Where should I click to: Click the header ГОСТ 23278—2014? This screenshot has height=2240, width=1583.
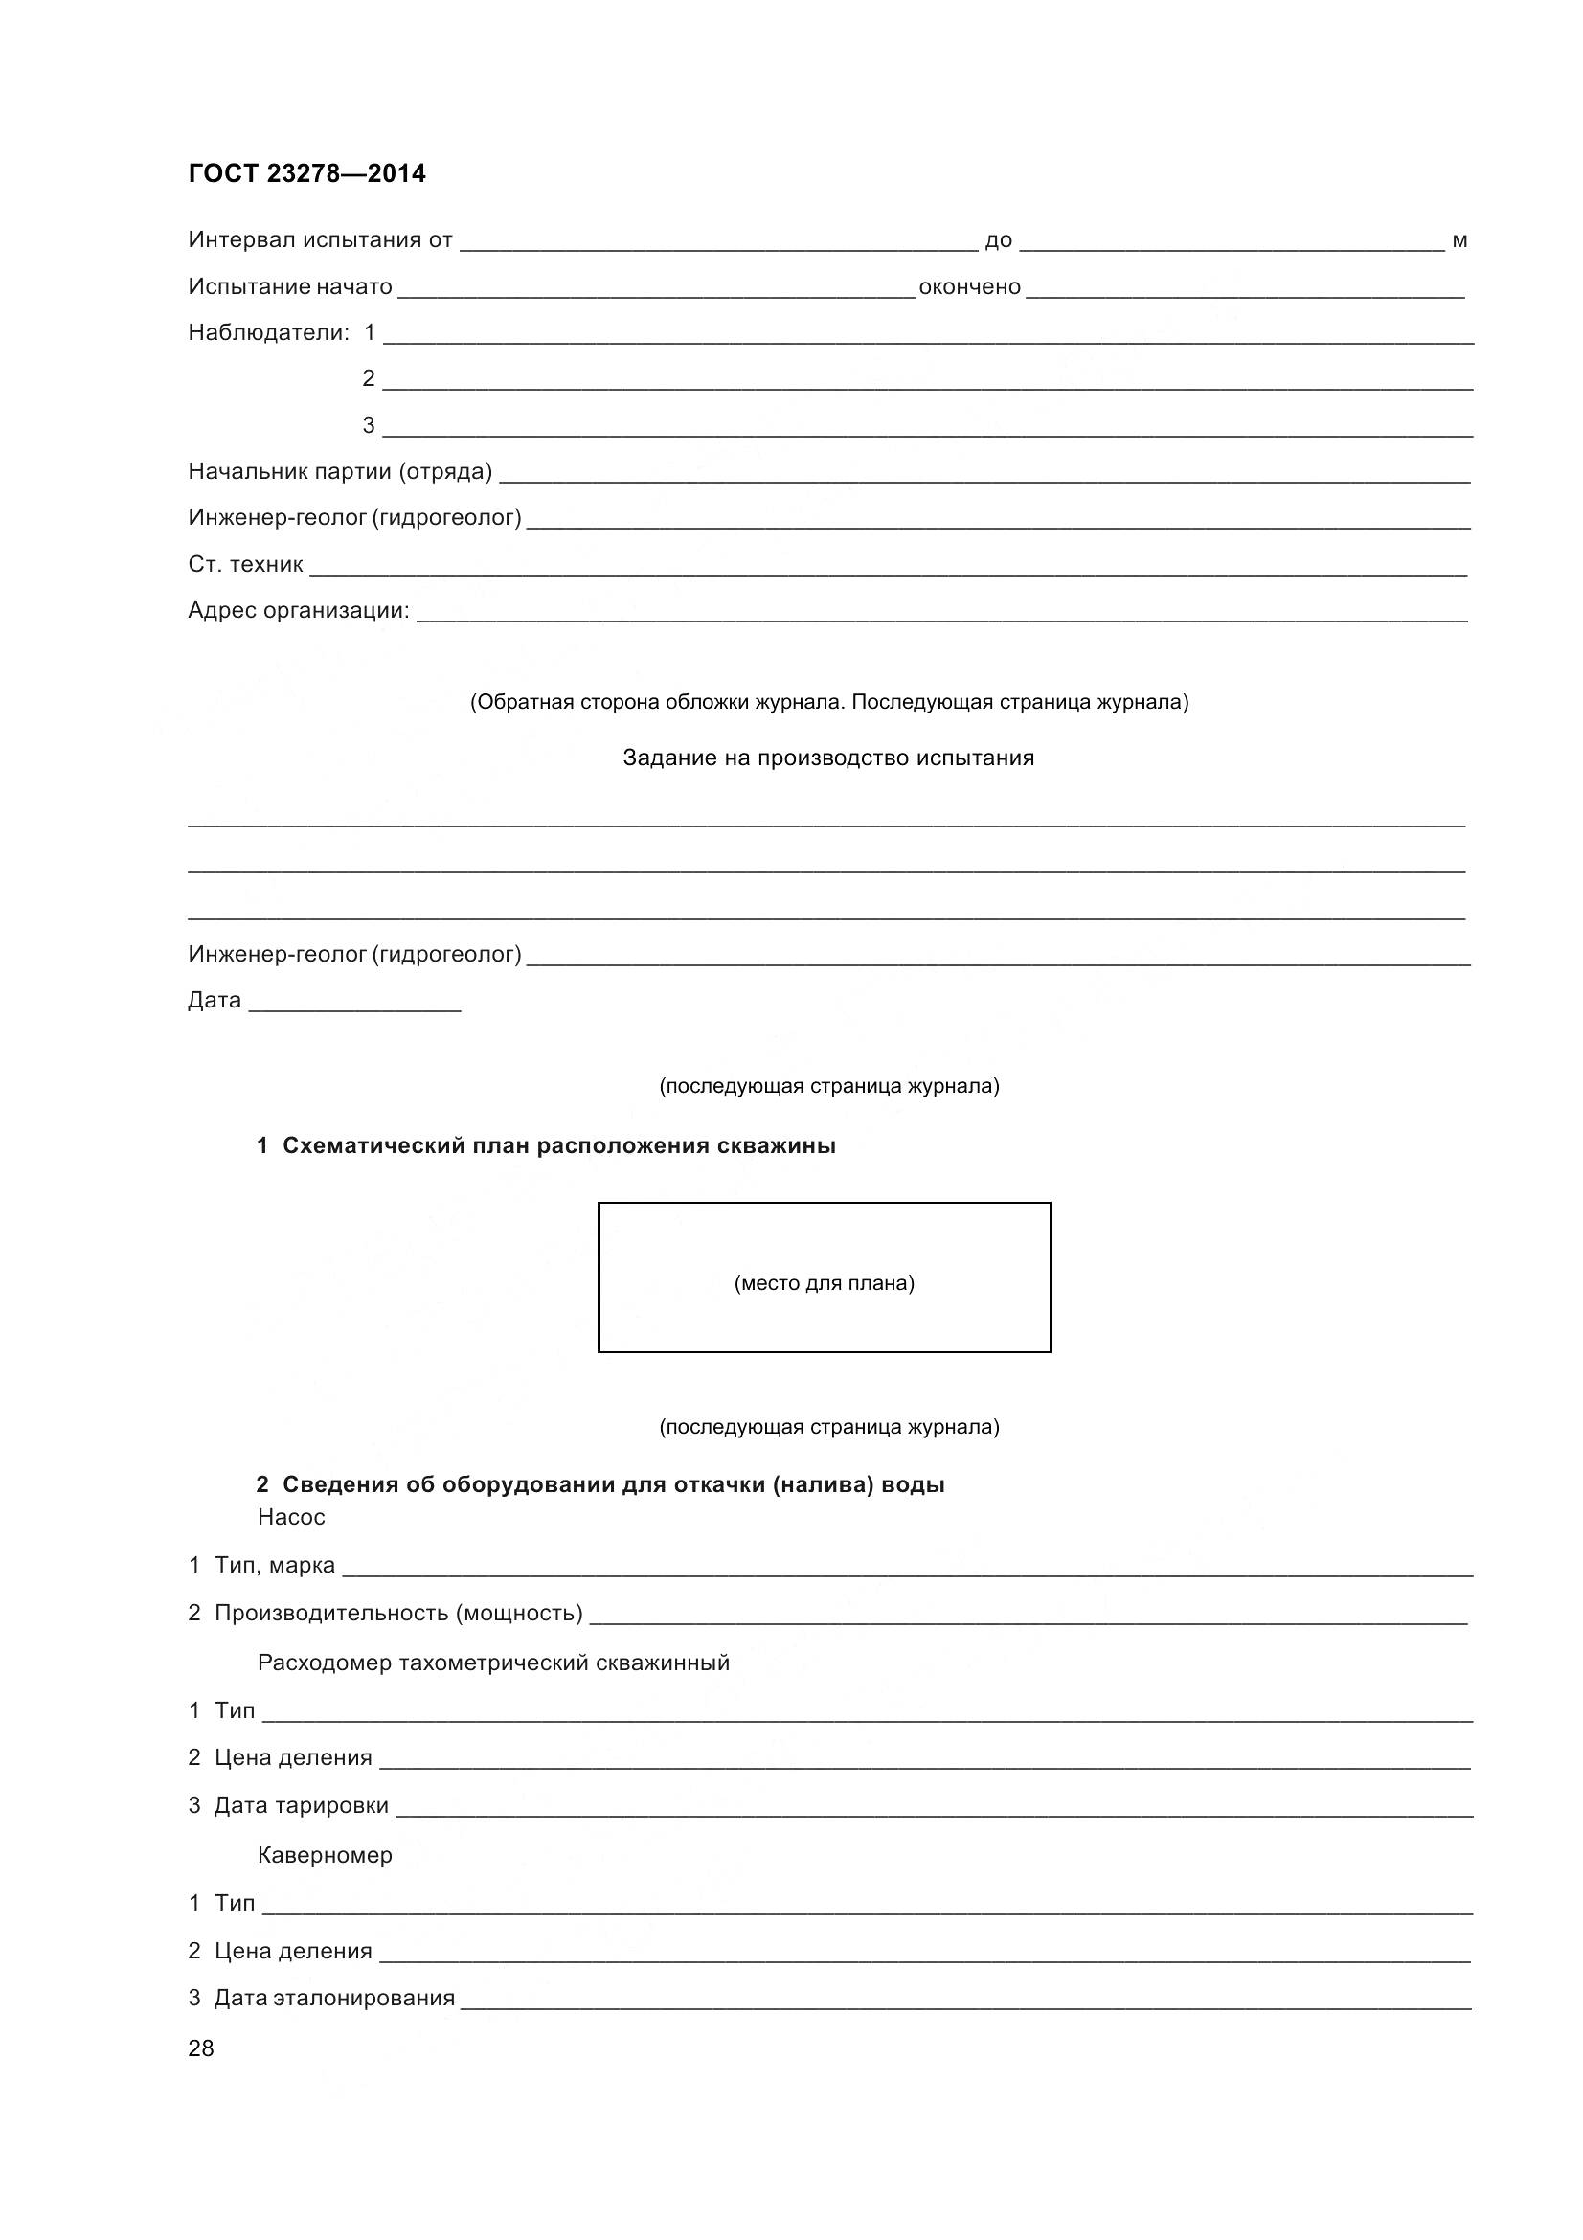coord(306,173)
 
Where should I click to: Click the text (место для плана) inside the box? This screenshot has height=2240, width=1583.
coord(825,1283)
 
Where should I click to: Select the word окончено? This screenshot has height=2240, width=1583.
coord(969,287)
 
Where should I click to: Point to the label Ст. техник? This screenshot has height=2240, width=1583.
coord(246,564)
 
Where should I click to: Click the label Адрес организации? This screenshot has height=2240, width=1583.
coord(299,611)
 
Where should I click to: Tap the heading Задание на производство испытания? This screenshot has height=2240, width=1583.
coord(828,758)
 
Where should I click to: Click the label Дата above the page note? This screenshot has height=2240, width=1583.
coord(215,1000)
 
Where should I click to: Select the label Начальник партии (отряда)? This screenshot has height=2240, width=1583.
coord(339,472)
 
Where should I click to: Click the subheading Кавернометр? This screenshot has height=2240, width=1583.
coord(325,1855)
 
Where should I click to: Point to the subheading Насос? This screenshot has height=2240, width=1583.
coord(292,1517)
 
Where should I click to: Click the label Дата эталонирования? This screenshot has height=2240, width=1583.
coord(334,1997)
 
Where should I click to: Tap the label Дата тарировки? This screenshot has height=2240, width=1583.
coord(302,1805)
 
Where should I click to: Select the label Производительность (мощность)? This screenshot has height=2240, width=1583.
coord(398,1613)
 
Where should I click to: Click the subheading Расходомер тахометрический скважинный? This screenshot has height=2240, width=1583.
coord(493,1663)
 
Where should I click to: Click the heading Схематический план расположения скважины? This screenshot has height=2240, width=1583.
coord(559,1145)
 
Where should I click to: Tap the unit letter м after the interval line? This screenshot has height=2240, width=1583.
coord(1459,241)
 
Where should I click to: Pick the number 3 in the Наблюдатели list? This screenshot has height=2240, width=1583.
coord(369,425)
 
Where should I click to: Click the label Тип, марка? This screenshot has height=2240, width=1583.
coord(274,1565)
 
